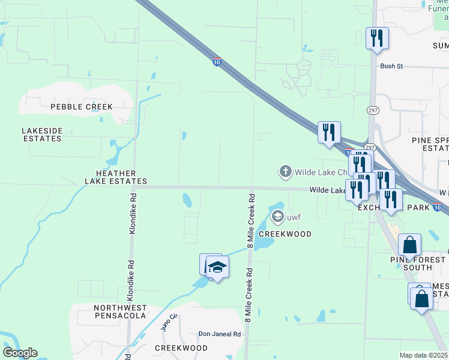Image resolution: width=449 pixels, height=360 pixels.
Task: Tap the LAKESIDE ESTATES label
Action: click(x=41, y=134)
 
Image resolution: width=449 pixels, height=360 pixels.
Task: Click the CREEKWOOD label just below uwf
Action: click(x=285, y=234)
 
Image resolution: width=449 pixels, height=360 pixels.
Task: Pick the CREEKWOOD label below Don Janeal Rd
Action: click(x=181, y=348)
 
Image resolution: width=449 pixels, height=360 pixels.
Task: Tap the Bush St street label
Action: click(x=391, y=66)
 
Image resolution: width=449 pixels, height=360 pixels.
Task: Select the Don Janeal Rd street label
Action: click(x=219, y=334)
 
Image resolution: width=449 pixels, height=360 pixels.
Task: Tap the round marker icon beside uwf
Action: click(x=277, y=216)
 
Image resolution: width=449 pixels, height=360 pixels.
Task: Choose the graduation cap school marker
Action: click(x=217, y=267)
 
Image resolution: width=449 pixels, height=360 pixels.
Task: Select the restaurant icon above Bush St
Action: click(x=377, y=38)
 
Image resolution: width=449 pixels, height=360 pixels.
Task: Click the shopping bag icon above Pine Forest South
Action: click(x=410, y=245)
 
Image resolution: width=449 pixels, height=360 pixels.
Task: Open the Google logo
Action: click(x=20, y=352)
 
